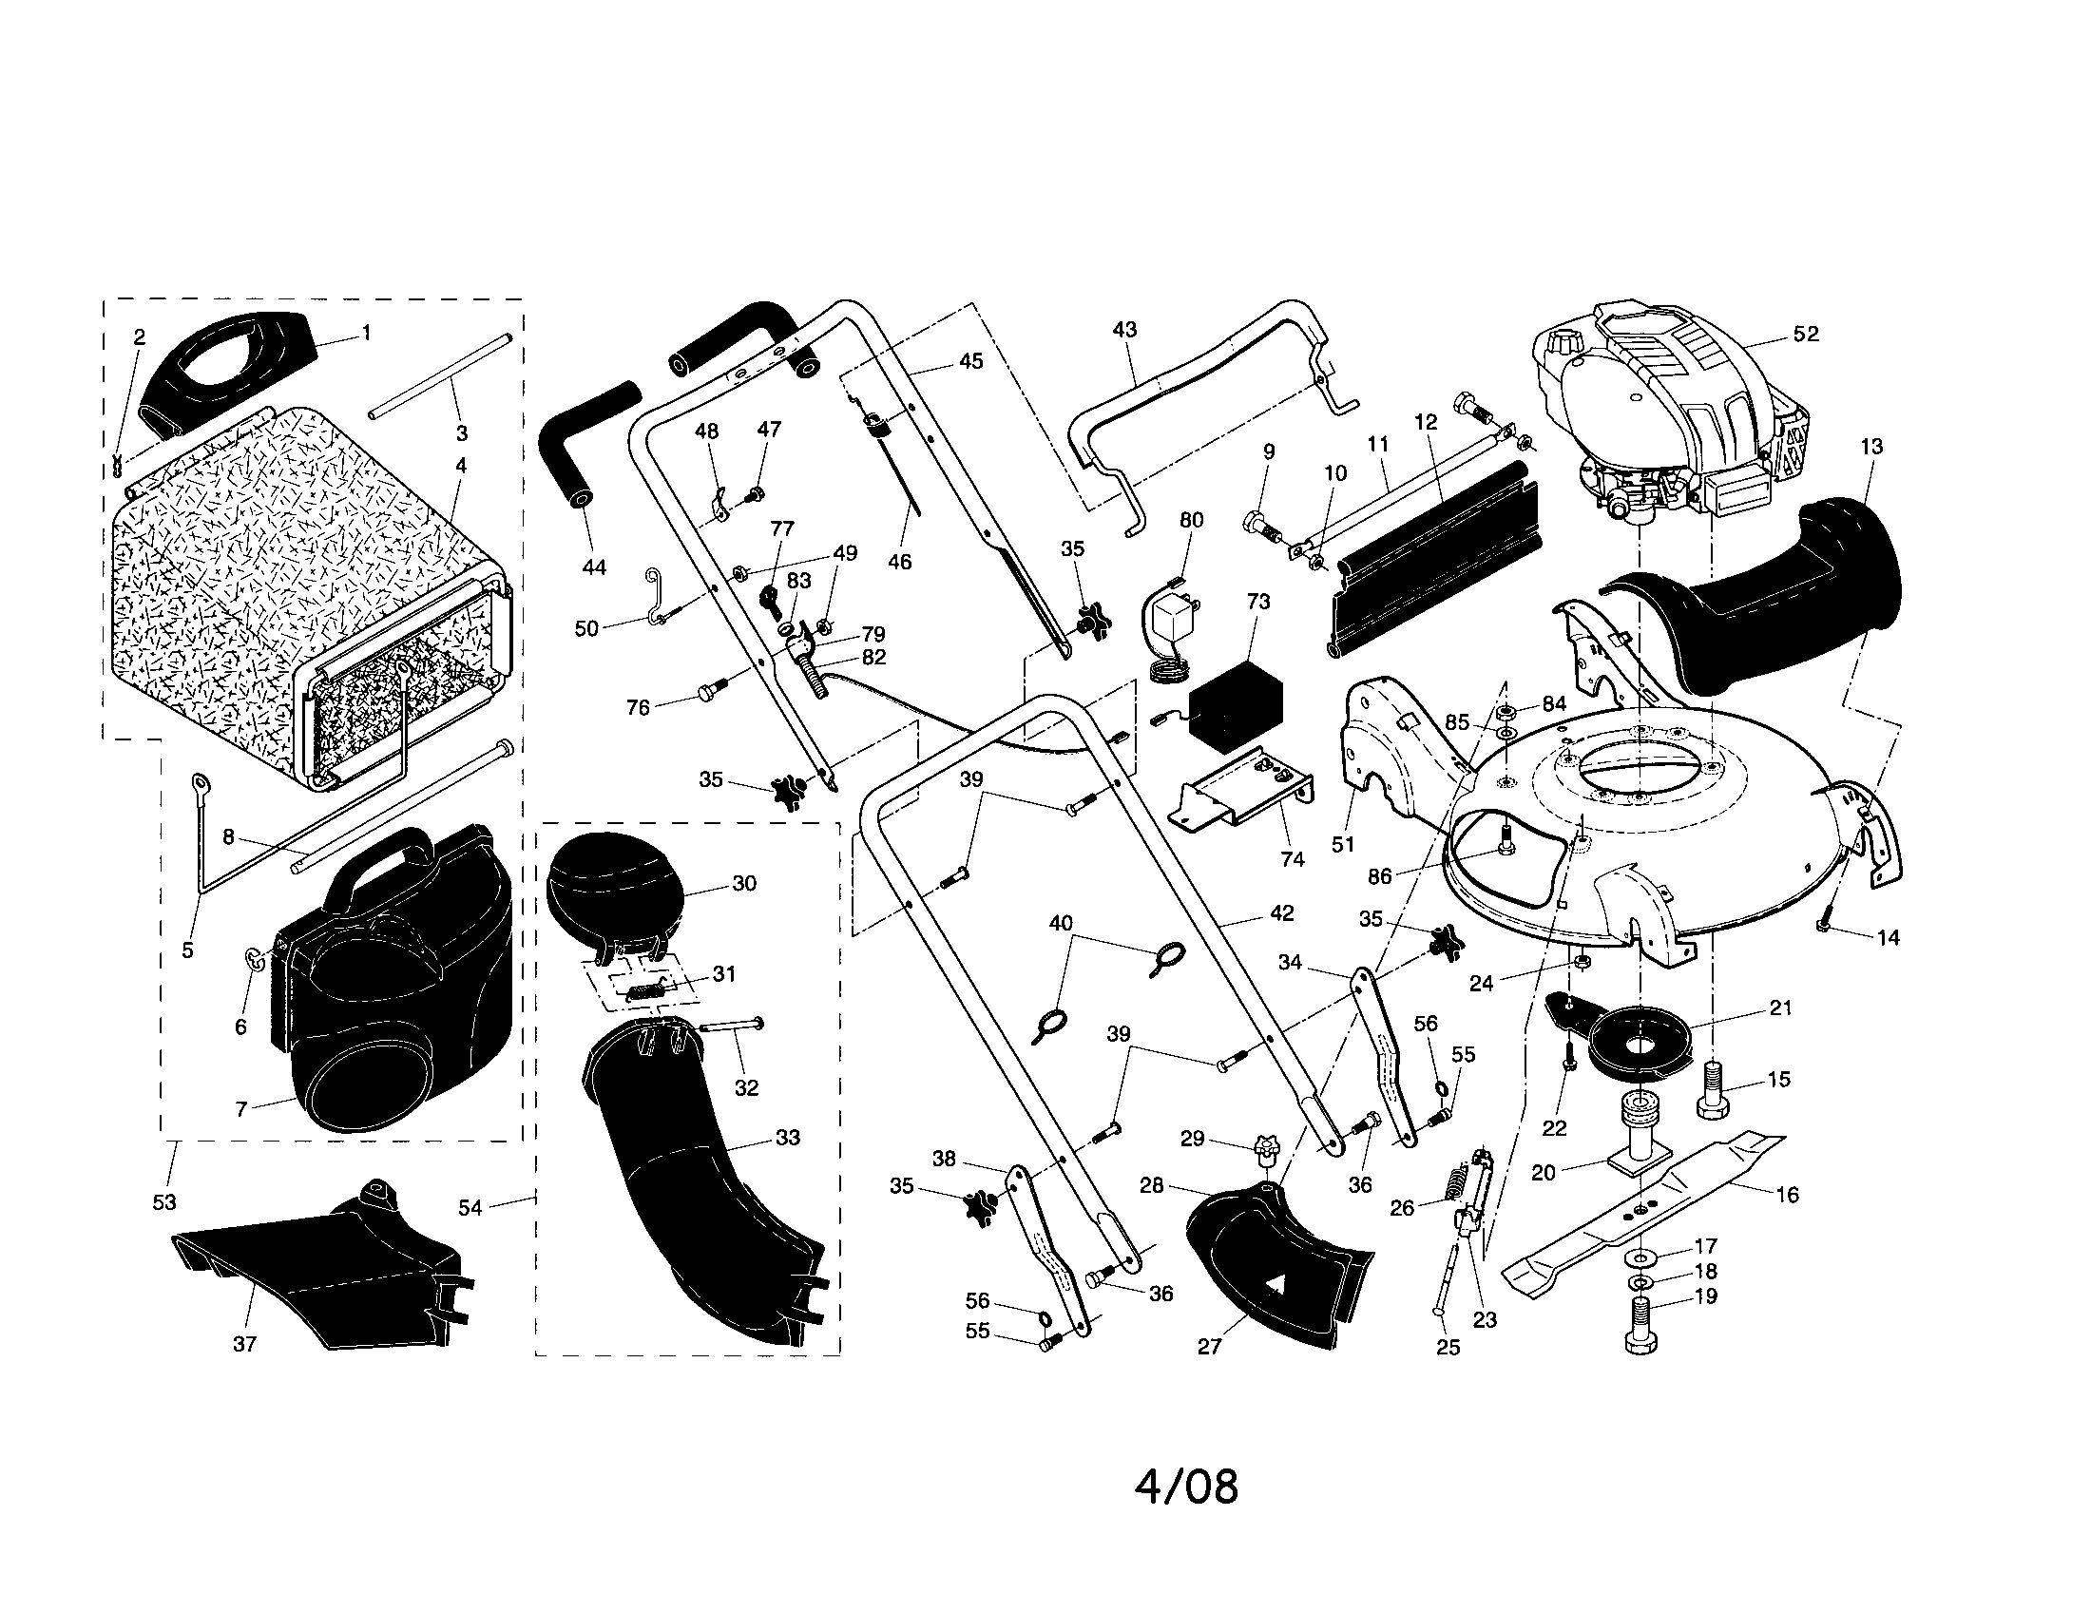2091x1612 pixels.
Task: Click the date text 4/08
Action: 1186,1487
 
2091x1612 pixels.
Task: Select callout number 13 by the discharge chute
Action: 1871,446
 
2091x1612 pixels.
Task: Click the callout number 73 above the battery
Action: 1258,601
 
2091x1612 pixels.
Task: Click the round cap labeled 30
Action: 613,886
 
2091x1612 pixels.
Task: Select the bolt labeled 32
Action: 734,1027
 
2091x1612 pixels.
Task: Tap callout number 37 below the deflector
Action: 245,1344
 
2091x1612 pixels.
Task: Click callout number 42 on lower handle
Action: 1281,913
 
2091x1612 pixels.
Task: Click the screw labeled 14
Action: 1823,925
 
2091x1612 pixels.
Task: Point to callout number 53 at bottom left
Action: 164,1202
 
